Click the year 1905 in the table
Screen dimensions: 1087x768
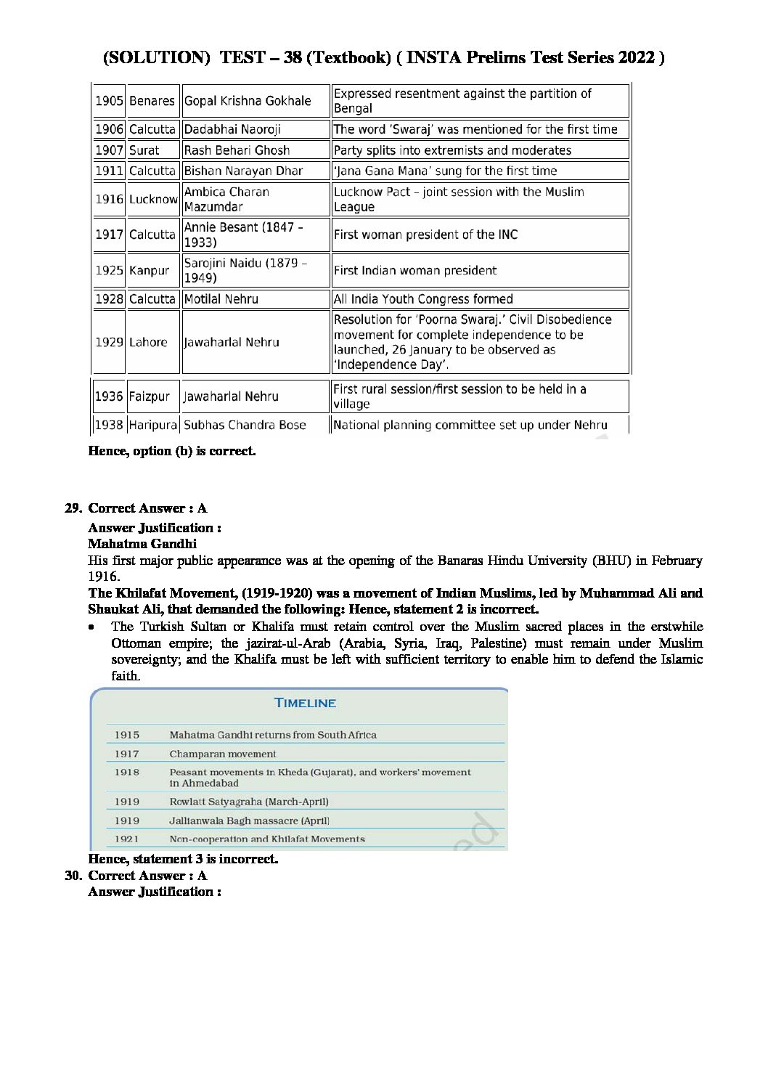pos(109,101)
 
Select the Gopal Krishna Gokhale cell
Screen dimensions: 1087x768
pos(248,101)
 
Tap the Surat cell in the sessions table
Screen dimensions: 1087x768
pos(144,150)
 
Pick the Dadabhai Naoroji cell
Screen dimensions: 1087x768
pos(232,129)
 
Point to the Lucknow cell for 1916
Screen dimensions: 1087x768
pos(153,199)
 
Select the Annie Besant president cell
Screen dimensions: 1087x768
pos(244,235)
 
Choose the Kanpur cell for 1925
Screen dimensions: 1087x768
pos(149,271)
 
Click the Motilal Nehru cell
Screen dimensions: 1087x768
pos(221,299)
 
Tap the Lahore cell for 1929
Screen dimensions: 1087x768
pos(148,342)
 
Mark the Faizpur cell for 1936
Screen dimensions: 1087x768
pos(149,396)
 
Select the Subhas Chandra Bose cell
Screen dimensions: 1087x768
pos(245,425)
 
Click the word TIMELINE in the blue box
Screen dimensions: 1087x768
pos(305,703)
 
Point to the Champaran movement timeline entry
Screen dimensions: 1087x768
pos(223,754)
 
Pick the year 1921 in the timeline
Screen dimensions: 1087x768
pos(126,839)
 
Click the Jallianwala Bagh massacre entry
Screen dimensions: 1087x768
pos(249,821)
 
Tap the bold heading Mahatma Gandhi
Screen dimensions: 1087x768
pos(142,544)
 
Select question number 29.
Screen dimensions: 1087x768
pos(74,508)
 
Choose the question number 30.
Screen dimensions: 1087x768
pos(74,876)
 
